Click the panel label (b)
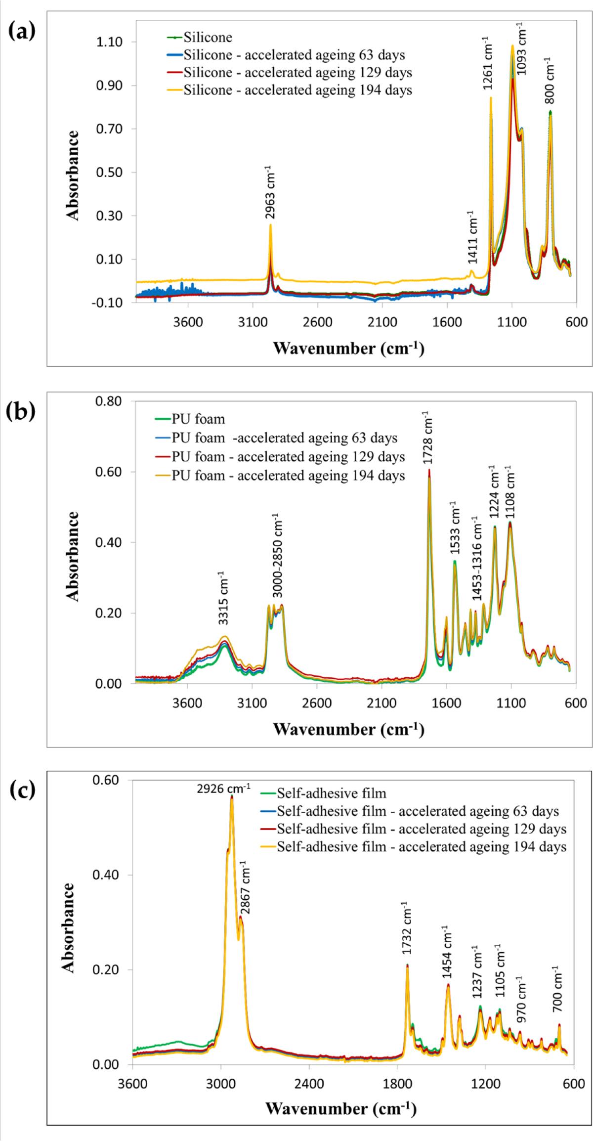pyautogui.click(x=22, y=413)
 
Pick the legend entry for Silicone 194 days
pyautogui.click(x=297, y=90)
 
